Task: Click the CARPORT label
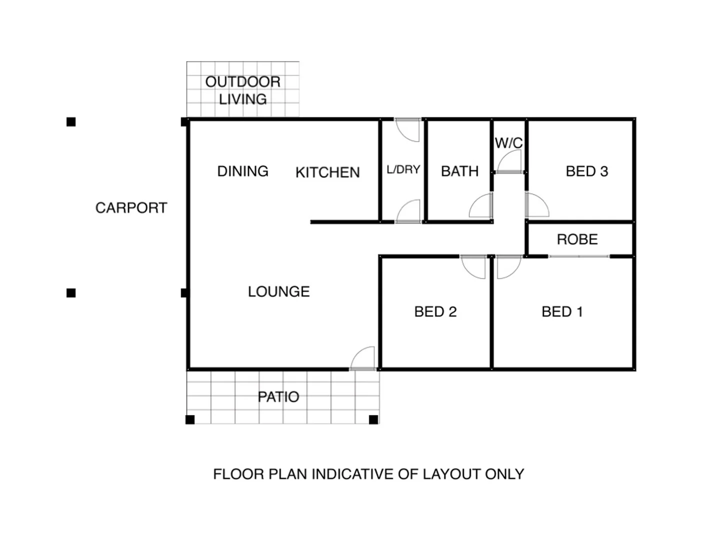tap(131, 207)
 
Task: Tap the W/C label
tap(508, 143)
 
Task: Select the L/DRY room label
tap(403, 169)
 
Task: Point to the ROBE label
tap(577, 239)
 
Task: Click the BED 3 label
tap(586, 171)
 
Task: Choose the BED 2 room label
tap(435, 311)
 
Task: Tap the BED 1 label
tap(562, 311)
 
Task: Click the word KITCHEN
tap(327, 172)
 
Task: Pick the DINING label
tap(243, 171)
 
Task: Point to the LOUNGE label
tap(279, 291)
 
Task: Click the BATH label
tap(459, 171)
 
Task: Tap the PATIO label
tap(278, 396)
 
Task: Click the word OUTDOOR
tap(243, 81)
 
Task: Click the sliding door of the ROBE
tap(579, 256)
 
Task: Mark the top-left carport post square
tap(71, 121)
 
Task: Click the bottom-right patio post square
tap(373, 419)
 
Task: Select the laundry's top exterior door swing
tap(407, 130)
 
